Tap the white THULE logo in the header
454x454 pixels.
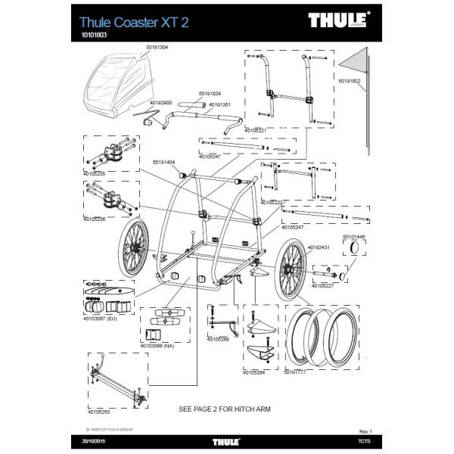tap(339, 20)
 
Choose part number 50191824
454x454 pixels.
tap(210, 94)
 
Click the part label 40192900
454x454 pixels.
tap(161, 102)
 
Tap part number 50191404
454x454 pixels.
tap(163, 162)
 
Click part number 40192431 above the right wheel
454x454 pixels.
tap(319, 246)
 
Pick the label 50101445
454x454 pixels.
tap(353, 237)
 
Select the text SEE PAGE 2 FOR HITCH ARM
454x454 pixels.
tap(224, 409)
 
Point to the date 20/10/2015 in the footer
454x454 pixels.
tap(95, 440)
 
